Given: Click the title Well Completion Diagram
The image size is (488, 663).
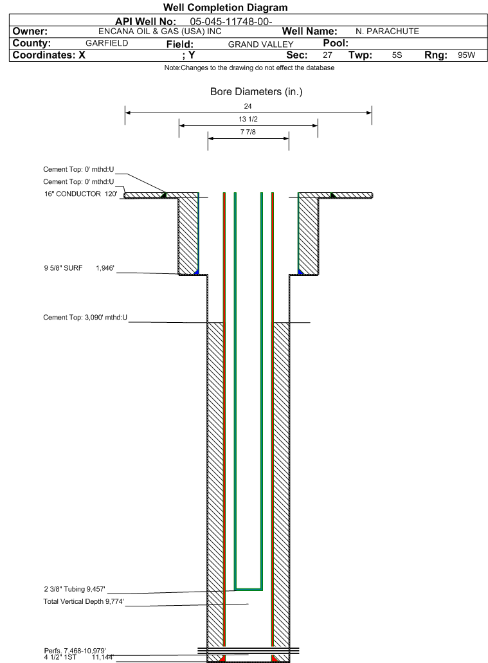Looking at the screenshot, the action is pyautogui.click(x=226, y=7).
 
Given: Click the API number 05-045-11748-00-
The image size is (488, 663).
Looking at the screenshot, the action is pyautogui.click(x=231, y=22).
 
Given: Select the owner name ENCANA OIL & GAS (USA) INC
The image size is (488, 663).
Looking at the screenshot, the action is pyautogui.click(x=160, y=32).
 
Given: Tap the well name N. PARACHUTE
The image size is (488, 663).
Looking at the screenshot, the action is pyautogui.click(x=387, y=32).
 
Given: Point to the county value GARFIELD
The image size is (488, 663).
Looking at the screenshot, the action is pyautogui.click(x=107, y=43).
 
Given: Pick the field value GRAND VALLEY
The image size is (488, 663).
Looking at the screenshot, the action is pyautogui.click(x=260, y=44).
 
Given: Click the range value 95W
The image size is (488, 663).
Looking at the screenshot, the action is pyautogui.click(x=466, y=55).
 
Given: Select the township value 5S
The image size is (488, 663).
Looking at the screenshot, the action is pyautogui.click(x=397, y=55).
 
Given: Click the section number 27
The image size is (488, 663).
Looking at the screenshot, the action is pyautogui.click(x=327, y=55).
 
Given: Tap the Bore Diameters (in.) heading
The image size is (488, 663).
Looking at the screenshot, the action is pyautogui.click(x=257, y=92).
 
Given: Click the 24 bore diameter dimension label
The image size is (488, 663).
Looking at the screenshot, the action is pyautogui.click(x=248, y=106).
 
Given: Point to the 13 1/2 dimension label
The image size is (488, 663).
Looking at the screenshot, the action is pyautogui.click(x=248, y=119).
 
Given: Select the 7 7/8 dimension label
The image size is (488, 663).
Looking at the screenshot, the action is pyautogui.click(x=248, y=132).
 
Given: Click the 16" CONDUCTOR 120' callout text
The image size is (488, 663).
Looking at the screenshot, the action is pyautogui.click(x=81, y=194).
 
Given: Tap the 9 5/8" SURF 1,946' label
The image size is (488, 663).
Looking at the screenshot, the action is pyautogui.click(x=79, y=268).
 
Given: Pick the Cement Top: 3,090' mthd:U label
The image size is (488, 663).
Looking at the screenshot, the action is pyautogui.click(x=85, y=317).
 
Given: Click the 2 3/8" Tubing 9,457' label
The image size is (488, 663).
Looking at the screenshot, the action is pyautogui.click(x=75, y=589).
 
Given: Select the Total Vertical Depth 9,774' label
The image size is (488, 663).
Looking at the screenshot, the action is pyautogui.click(x=84, y=601).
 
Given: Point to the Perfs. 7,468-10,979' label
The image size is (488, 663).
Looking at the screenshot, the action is pyautogui.click(x=75, y=651).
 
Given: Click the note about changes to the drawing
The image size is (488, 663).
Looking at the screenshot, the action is pyautogui.click(x=249, y=68).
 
